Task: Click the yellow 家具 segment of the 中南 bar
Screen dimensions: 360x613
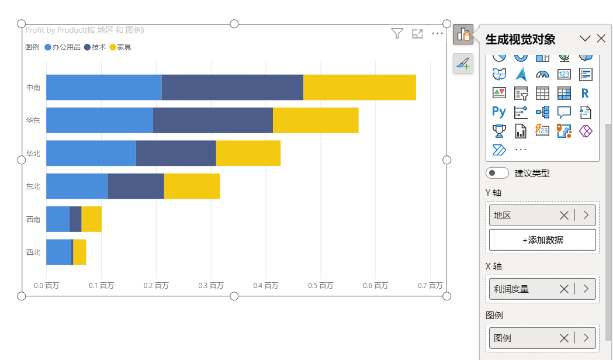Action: pyautogui.click(x=359, y=87)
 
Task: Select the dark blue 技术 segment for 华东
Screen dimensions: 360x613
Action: pyautogui.click(x=213, y=120)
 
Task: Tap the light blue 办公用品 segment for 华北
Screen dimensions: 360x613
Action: pyautogui.click(x=91, y=153)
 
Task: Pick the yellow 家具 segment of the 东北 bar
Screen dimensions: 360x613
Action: pyautogui.click(x=192, y=186)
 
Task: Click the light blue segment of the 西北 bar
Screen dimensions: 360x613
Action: pyautogui.click(x=58, y=252)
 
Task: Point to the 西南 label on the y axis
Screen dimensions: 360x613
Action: pyautogui.click(x=33, y=219)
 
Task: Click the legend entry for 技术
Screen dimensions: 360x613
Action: pyautogui.click(x=95, y=47)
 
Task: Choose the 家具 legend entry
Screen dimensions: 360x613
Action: pyautogui.click(x=120, y=47)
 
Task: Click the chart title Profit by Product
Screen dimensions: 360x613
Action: pyautogui.click(x=84, y=30)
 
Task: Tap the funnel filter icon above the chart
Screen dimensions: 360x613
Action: pyautogui.click(x=397, y=34)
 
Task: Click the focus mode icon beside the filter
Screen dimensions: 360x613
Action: pyautogui.click(x=417, y=34)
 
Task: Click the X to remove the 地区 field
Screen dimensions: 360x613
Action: pyautogui.click(x=564, y=215)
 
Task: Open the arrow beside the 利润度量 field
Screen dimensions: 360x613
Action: pyautogui.click(x=586, y=289)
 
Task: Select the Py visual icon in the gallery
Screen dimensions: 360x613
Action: pyautogui.click(x=499, y=112)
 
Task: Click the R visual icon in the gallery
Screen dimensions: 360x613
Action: pyautogui.click(x=585, y=93)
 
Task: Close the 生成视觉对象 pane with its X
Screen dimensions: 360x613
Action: pyautogui.click(x=601, y=39)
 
